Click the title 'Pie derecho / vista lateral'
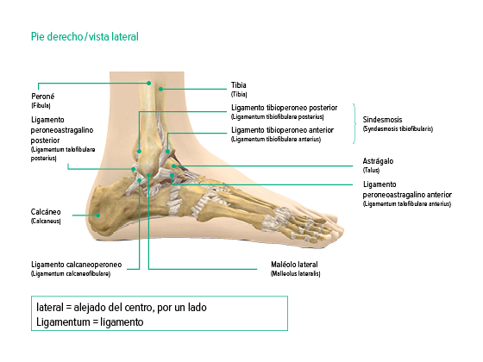pyautogui.click(x=85, y=36)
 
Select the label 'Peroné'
pyautogui.click(x=43, y=97)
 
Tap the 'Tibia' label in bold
pyautogui.click(x=239, y=85)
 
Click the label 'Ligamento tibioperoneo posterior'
pyautogui.click(x=285, y=108)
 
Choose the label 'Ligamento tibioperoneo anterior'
pyautogui.click(x=283, y=130)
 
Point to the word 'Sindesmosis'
pyautogui.click(x=382, y=120)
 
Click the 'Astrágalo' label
pyautogui.click(x=378, y=161)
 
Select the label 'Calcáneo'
pyautogui.click(x=46, y=212)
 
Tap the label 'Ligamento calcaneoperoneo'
pyautogui.click(x=77, y=265)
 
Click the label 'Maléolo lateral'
pyautogui.click(x=294, y=265)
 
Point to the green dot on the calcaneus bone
pyautogui.click(x=98, y=215)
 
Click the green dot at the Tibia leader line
pyautogui.click(x=160, y=90)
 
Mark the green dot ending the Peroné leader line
pyautogui.click(x=148, y=83)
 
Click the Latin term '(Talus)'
pyautogui.click(x=371, y=171)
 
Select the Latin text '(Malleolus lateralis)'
pyautogui.click(x=295, y=274)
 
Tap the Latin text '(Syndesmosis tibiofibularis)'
pyautogui.click(x=398, y=129)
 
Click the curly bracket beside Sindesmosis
pyautogui.click(x=354, y=123)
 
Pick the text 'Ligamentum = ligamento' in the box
pyautogui.click(x=90, y=322)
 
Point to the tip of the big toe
pyautogui.click(x=342, y=230)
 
